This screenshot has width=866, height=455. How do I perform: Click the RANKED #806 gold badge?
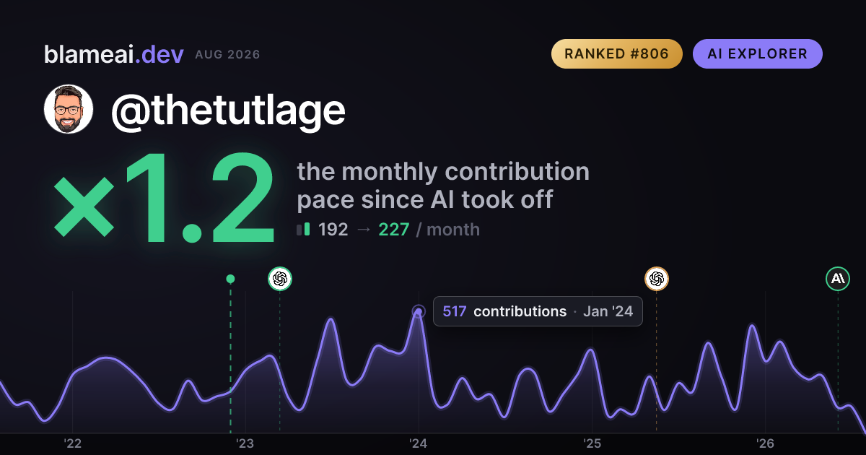point(616,53)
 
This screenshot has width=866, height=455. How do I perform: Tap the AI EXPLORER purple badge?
point(757,53)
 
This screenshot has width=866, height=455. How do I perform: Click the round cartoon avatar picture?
point(69,109)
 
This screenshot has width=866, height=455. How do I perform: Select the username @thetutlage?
point(228,110)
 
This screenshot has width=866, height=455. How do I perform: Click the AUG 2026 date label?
point(228,55)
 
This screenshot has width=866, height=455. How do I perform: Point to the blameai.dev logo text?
point(114,54)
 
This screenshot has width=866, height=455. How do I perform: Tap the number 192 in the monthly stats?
point(333,230)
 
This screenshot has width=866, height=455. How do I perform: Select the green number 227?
point(393,230)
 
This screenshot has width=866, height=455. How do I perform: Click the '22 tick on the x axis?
point(72,443)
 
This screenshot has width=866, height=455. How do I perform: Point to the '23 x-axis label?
point(245,443)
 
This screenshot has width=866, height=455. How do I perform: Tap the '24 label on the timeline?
point(419,443)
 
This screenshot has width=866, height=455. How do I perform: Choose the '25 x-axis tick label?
point(592,443)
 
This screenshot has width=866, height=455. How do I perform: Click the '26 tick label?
point(765,443)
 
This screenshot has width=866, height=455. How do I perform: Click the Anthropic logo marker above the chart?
point(838,279)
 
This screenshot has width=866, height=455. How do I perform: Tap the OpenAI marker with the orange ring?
point(657,279)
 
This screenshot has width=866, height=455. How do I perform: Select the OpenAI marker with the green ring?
point(280,279)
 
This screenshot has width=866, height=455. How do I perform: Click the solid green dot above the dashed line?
point(230,279)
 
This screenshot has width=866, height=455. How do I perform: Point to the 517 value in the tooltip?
point(454,311)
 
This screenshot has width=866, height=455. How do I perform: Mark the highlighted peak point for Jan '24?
point(419,311)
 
